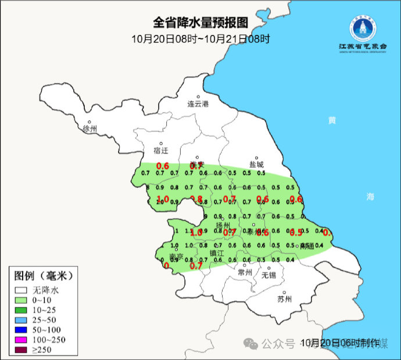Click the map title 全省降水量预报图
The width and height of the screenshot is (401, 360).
pos(201,23)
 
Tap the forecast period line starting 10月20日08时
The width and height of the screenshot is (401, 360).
pos(201,39)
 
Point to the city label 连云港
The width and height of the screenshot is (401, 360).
pos(198,104)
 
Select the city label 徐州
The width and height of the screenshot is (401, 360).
pos(90,129)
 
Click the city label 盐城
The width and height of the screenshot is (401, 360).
pos(256,164)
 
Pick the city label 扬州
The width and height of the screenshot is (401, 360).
pos(223,225)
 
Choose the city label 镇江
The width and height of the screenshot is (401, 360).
pos(217,254)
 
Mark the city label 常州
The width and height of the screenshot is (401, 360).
pos(245,272)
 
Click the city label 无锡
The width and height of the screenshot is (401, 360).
pos(268,275)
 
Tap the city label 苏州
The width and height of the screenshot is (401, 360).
pos(284,300)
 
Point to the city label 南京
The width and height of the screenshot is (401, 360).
pos(176,256)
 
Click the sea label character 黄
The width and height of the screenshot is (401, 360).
pos(332,120)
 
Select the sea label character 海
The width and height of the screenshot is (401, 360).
pos(370,197)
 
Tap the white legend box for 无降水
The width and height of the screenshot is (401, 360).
pos(22,289)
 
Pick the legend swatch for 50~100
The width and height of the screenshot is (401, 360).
pos(22,329)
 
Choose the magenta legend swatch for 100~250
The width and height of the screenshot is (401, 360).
pos(22,339)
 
